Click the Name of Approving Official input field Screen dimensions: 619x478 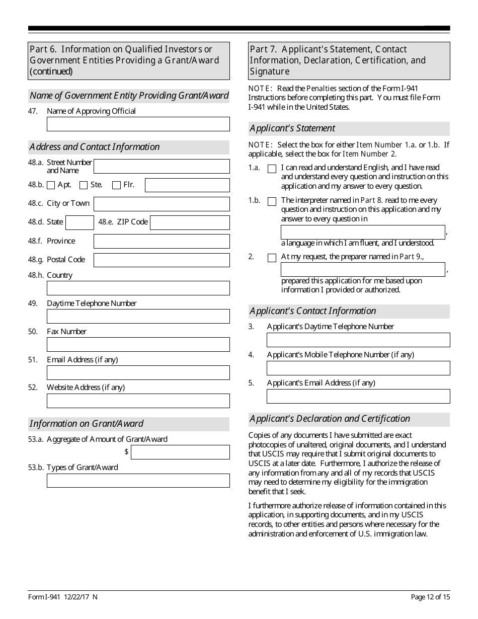(x=138, y=124)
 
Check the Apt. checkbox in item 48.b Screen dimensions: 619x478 (x=51, y=185)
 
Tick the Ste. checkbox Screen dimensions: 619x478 (x=84, y=185)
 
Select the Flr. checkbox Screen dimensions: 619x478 (x=116, y=185)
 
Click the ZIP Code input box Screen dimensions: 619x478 (x=190, y=222)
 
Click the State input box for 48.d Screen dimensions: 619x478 (x=79, y=222)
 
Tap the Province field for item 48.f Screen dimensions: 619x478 (x=162, y=242)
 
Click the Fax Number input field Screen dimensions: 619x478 (x=138, y=345)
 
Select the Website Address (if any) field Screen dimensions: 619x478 (x=138, y=401)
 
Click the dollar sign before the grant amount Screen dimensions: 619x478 (x=126, y=452)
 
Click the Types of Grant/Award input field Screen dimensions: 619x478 (x=138, y=481)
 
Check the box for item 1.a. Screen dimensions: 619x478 (x=272, y=169)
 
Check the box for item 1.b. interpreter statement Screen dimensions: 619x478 (x=272, y=202)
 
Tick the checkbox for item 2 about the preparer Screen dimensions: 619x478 (x=272, y=258)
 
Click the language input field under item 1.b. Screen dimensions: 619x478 (x=362, y=232)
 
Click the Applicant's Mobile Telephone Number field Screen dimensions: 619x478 (x=358, y=368)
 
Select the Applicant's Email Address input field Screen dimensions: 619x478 (x=358, y=397)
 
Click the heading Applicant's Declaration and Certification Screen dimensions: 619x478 (x=330, y=419)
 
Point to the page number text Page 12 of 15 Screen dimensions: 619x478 (x=430, y=597)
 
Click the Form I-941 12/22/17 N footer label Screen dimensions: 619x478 (x=63, y=597)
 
